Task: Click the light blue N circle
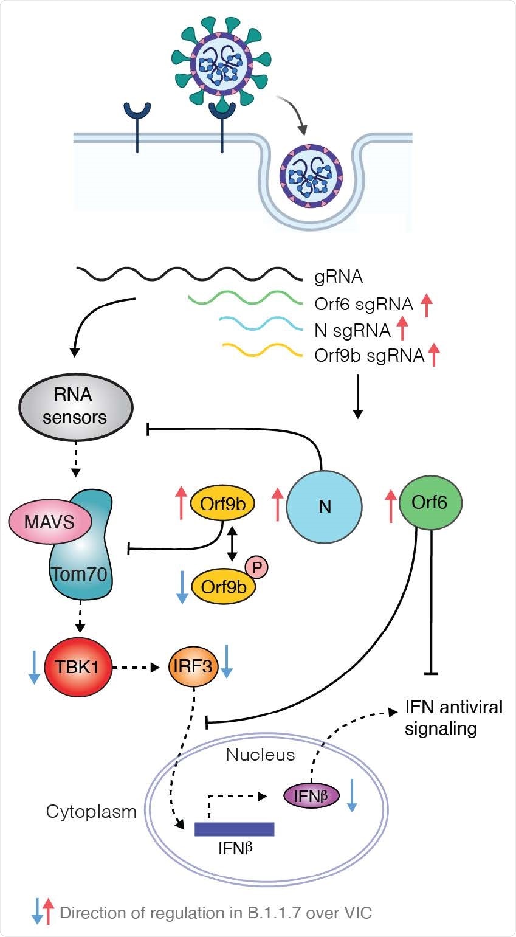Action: coord(325,506)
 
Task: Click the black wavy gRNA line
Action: coord(189,274)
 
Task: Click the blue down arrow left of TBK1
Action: coord(33,667)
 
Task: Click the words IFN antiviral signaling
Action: coord(453,717)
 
